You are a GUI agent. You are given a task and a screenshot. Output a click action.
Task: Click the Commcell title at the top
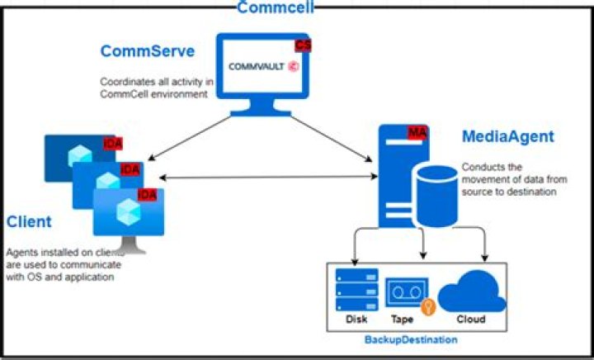[276, 7]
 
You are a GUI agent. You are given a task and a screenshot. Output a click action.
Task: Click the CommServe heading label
[148, 51]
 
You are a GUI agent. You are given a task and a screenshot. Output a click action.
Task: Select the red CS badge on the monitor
[303, 45]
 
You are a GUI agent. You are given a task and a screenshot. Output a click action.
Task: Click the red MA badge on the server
[417, 132]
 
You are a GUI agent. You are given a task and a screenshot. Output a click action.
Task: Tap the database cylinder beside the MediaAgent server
[436, 195]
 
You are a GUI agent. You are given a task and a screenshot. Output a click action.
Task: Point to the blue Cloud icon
[472, 290]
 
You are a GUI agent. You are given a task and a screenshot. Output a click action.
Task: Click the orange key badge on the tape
[427, 306]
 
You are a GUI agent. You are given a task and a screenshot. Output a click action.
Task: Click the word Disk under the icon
[356, 320]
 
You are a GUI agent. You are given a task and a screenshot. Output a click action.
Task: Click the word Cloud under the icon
[471, 320]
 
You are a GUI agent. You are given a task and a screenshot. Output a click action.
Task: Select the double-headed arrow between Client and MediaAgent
[264, 177]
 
